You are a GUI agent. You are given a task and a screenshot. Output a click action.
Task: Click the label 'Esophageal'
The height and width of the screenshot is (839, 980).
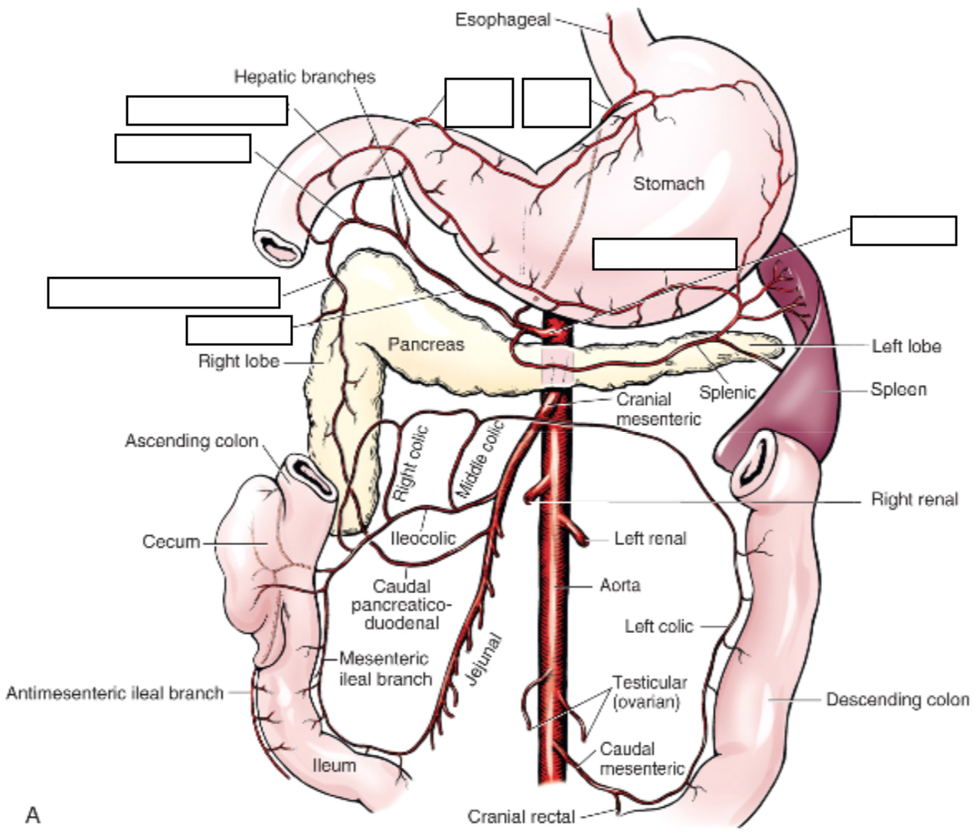pyautogui.click(x=502, y=20)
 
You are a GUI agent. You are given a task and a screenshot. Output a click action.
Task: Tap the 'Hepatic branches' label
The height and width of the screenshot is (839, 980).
pyautogui.click(x=305, y=77)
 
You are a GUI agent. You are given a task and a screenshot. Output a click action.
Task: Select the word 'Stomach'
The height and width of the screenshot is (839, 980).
pyautogui.click(x=668, y=184)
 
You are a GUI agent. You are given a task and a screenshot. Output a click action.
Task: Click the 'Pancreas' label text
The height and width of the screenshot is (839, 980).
pyautogui.click(x=426, y=344)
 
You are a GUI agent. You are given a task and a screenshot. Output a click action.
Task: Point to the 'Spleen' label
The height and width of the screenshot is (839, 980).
pyautogui.click(x=899, y=390)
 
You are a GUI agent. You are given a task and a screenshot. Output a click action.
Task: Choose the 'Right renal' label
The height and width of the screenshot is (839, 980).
pyautogui.click(x=914, y=500)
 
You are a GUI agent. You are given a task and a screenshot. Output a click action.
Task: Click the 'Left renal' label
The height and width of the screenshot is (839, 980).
pyautogui.click(x=650, y=539)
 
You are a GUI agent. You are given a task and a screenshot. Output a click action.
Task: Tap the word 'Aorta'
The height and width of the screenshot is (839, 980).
pyautogui.click(x=620, y=586)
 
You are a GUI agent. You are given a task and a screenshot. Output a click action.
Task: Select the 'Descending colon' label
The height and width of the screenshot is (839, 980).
pyautogui.click(x=897, y=700)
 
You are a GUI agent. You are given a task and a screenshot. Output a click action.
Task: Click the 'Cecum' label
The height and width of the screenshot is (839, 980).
pyautogui.click(x=170, y=542)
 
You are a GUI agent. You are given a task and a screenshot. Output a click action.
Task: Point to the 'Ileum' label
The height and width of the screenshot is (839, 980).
pyautogui.click(x=335, y=766)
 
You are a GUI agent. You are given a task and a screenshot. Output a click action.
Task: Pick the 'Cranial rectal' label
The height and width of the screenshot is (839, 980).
pyautogui.click(x=521, y=817)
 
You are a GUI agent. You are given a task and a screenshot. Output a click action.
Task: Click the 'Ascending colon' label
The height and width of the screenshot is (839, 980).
pyautogui.click(x=191, y=441)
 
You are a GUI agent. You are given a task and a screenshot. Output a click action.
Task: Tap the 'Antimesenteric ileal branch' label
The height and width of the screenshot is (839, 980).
pyautogui.click(x=115, y=694)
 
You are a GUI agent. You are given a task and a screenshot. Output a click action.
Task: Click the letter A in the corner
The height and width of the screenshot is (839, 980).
pyautogui.click(x=32, y=815)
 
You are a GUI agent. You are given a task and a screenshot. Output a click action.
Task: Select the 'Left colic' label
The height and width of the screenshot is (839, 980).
pyautogui.click(x=658, y=626)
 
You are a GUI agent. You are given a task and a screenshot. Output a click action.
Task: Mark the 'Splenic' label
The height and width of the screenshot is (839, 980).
pyautogui.click(x=727, y=393)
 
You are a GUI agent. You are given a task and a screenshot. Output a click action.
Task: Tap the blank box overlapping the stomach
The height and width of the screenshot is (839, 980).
pyautogui.click(x=665, y=253)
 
